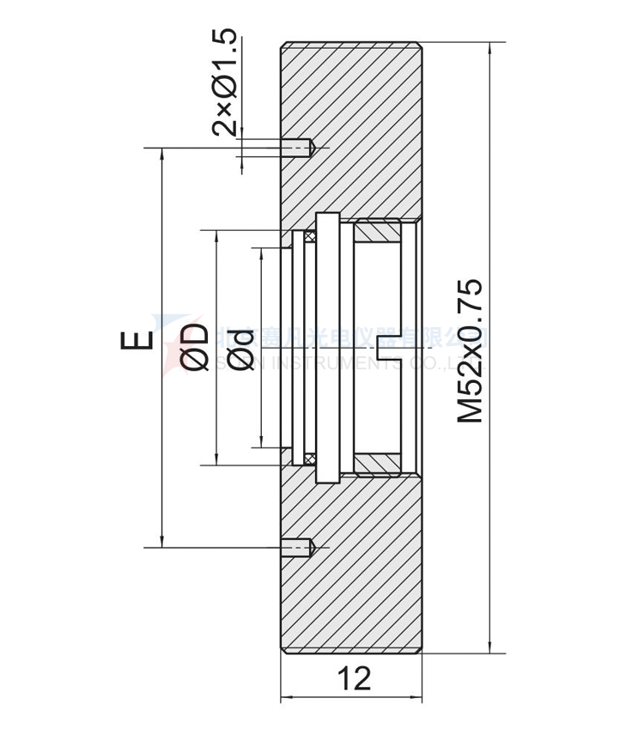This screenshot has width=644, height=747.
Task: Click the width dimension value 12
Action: pos(353,678)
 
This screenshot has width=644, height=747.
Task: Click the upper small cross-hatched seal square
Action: pos(310,234)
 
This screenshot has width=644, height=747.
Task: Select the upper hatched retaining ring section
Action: pos(378,232)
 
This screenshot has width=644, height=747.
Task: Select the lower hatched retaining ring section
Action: pos(378,463)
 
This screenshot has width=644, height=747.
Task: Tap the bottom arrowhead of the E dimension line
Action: pos(161,540)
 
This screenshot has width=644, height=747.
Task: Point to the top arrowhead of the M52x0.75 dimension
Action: pos(489,48)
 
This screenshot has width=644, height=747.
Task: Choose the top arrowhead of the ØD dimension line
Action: pos(216,236)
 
